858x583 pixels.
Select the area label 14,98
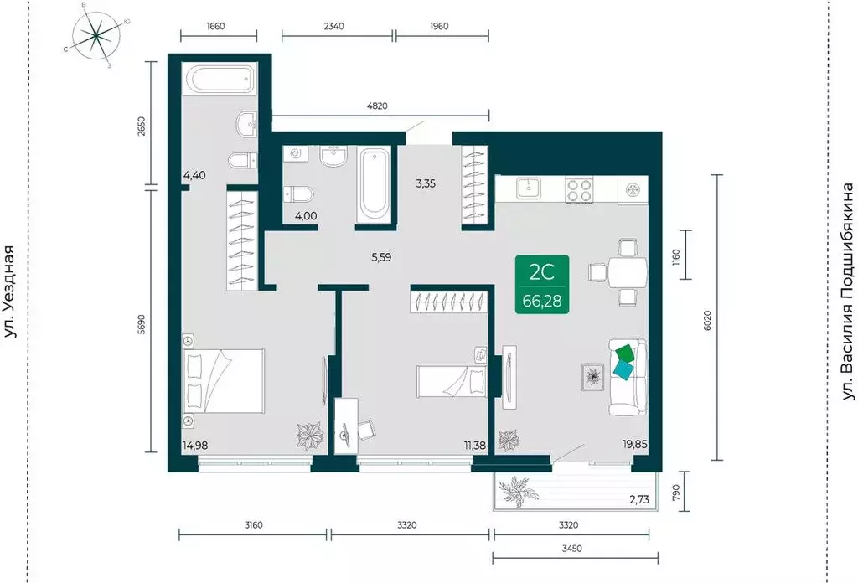[194, 445]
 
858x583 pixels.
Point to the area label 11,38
[475, 445]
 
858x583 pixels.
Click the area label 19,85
[635, 444]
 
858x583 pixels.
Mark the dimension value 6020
[707, 321]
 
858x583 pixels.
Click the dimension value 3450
[571, 548]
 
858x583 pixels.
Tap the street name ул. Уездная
[11, 291]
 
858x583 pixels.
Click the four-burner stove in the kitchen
[580, 191]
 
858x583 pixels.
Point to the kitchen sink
[530, 188]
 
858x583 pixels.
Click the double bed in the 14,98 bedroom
[223, 381]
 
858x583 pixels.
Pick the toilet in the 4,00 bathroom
[299, 193]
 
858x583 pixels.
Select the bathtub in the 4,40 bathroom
[221, 80]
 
